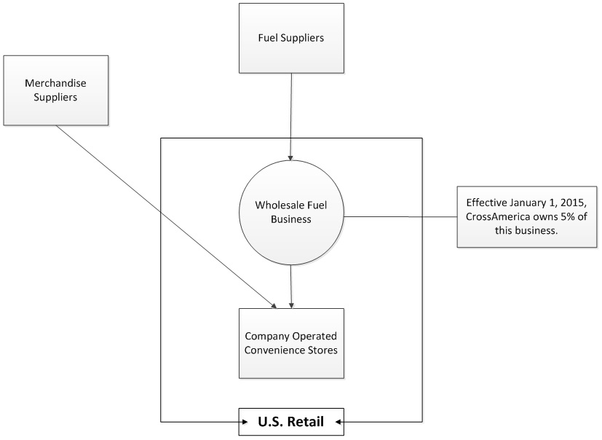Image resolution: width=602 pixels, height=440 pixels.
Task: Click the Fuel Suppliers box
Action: pyautogui.click(x=291, y=37)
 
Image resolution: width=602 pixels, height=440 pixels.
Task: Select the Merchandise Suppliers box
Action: pyautogui.click(x=55, y=90)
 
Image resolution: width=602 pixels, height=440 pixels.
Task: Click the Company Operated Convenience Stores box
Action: pyautogui.click(x=291, y=342)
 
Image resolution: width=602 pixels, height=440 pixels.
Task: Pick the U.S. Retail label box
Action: pyautogui.click(x=291, y=421)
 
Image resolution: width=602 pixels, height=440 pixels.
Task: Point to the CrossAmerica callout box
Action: pyautogui.click(x=527, y=216)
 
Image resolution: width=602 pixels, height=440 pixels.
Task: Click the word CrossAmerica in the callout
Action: pyautogui.click(x=499, y=216)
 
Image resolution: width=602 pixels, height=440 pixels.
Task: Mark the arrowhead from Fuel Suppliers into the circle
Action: pyautogui.click(x=291, y=157)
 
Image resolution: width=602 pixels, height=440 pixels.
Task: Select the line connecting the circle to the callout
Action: pyautogui.click(x=400, y=216)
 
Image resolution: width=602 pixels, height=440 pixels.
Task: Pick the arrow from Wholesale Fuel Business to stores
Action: pyautogui.click(x=291, y=284)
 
